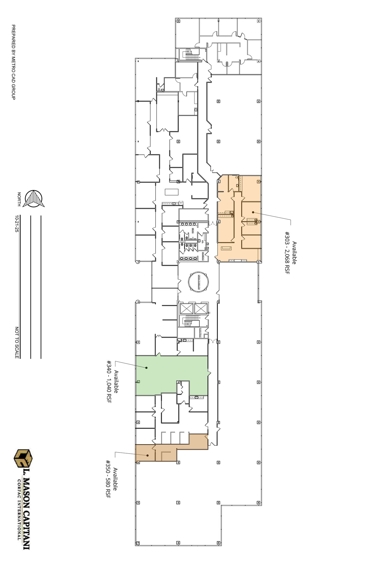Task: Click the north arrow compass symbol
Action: (x=34, y=199)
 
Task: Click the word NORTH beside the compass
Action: (x=19, y=199)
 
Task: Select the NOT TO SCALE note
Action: (x=17, y=343)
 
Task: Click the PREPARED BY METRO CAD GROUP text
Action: (x=13, y=62)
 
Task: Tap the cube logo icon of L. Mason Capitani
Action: (x=23, y=459)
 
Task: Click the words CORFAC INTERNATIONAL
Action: (x=19, y=502)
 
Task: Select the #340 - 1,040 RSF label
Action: (x=109, y=382)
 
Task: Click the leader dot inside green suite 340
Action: (x=147, y=368)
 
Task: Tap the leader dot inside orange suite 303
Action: (x=253, y=212)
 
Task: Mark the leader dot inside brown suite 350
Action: (x=148, y=455)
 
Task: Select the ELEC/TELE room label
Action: (x=201, y=333)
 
